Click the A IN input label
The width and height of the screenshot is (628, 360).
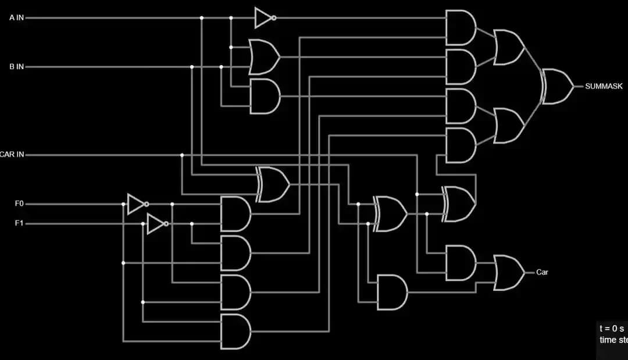[16, 18]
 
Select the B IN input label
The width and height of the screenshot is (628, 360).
[16, 67]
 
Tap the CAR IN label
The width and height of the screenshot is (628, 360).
[12, 155]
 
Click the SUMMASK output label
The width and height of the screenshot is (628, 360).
[604, 86]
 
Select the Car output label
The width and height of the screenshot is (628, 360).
[542, 272]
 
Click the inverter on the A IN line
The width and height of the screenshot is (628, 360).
[264, 18]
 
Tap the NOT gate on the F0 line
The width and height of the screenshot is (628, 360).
[137, 204]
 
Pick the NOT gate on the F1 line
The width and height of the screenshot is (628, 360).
[156, 224]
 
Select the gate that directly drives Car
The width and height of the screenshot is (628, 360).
[508, 272]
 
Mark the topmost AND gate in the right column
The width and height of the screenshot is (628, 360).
[460, 27]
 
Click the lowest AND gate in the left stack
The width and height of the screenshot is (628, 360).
[235, 332]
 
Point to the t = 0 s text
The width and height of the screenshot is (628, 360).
[611, 329]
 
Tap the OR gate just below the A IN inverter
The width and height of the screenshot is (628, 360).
[264, 57]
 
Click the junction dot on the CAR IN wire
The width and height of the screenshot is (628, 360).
[182, 155]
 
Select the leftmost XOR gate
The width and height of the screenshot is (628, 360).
[273, 184]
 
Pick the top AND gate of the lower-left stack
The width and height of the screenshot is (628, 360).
[235, 214]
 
